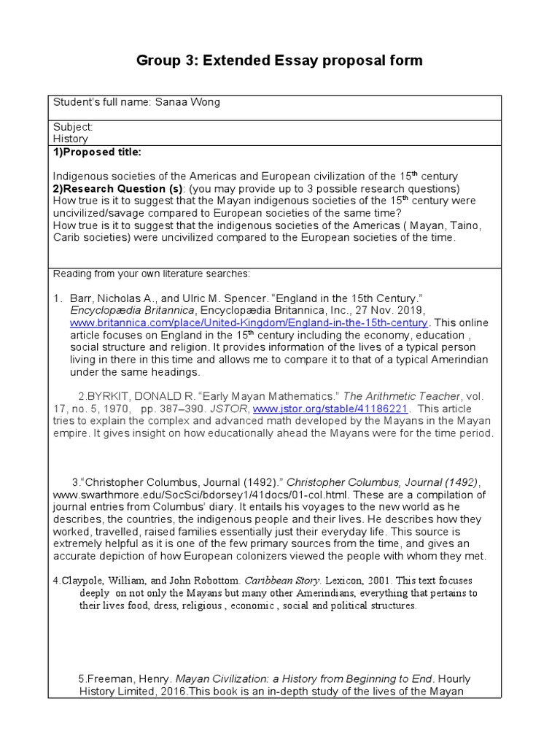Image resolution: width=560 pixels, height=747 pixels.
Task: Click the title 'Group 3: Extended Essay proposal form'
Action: tap(279, 60)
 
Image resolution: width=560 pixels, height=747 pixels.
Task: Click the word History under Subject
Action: tap(71, 139)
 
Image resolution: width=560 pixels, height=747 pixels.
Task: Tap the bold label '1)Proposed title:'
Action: tap(97, 152)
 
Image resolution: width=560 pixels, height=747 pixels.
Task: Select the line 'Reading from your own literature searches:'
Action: tap(152, 274)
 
